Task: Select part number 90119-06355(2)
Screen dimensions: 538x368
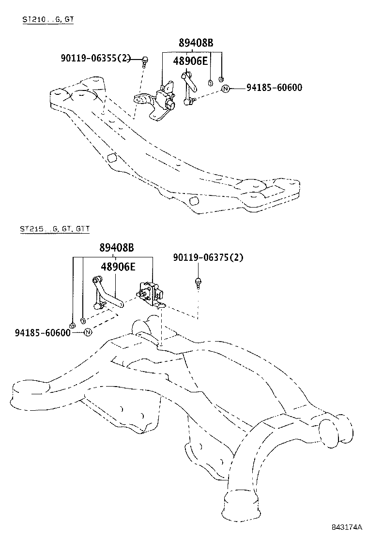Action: point(96,59)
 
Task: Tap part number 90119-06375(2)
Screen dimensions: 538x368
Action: point(208,257)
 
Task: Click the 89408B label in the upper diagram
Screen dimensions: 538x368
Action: point(196,43)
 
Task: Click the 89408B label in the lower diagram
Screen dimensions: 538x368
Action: point(116,248)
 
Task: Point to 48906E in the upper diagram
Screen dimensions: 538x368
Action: point(191,61)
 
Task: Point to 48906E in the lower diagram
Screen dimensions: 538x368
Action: point(118,266)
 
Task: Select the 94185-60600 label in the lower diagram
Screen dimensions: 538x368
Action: point(43,333)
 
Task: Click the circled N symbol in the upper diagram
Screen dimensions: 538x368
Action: point(225,89)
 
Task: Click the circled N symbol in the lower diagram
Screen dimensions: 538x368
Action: point(88,333)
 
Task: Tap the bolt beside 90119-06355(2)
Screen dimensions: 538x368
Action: point(145,60)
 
